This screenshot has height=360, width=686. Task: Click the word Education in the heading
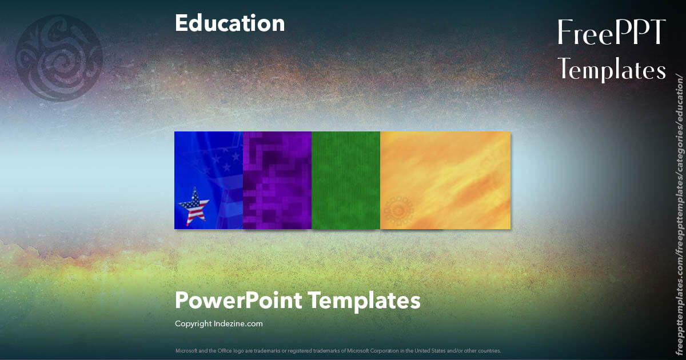pyautogui.click(x=230, y=23)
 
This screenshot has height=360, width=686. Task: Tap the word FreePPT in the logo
pyautogui.click(x=611, y=33)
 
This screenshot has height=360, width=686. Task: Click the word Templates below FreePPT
pyautogui.click(x=612, y=70)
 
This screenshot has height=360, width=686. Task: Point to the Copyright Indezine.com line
pyautogui.click(x=218, y=324)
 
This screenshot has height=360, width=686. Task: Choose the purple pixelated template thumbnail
pyautogui.click(x=277, y=180)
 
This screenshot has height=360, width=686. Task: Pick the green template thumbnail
pyautogui.click(x=346, y=180)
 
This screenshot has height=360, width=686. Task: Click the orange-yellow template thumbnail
pyautogui.click(x=445, y=180)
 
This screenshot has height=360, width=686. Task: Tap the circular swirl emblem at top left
pyautogui.click(x=59, y=58)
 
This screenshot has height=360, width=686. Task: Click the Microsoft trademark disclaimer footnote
pyautogui.click(x=338, y=350)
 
